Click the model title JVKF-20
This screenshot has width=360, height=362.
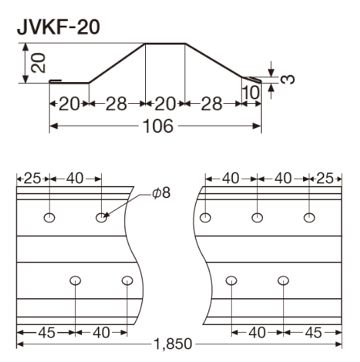pos(58,28)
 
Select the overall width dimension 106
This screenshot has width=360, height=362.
pos(159,126)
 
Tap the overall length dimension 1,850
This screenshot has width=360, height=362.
pos(173,344)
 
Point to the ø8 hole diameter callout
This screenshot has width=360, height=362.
pos(162,193)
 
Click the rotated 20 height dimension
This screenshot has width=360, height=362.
pos(38,63)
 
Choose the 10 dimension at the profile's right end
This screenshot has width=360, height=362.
pos(251,93)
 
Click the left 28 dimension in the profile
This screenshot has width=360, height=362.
pos(116,104)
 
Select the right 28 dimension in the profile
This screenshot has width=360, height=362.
pos(211,104)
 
